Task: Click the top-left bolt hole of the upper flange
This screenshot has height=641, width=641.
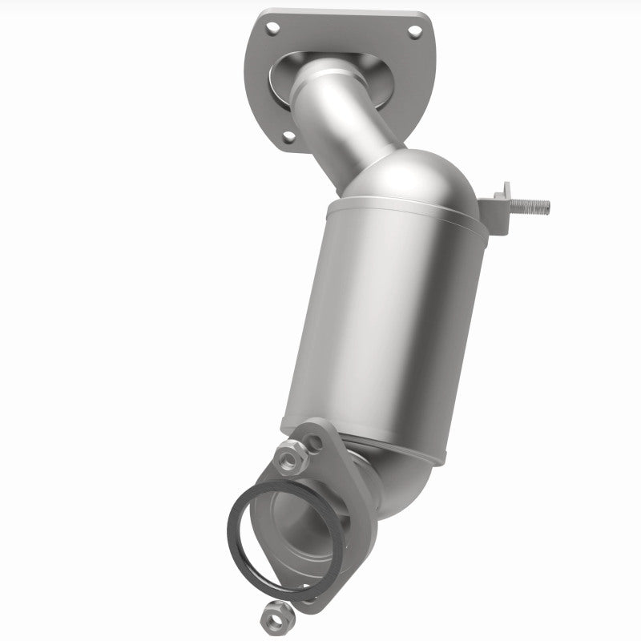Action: point(272,29)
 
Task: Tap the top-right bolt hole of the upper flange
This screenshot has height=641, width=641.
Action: point(414,32)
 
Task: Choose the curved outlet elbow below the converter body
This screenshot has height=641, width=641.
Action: point(401,481)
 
